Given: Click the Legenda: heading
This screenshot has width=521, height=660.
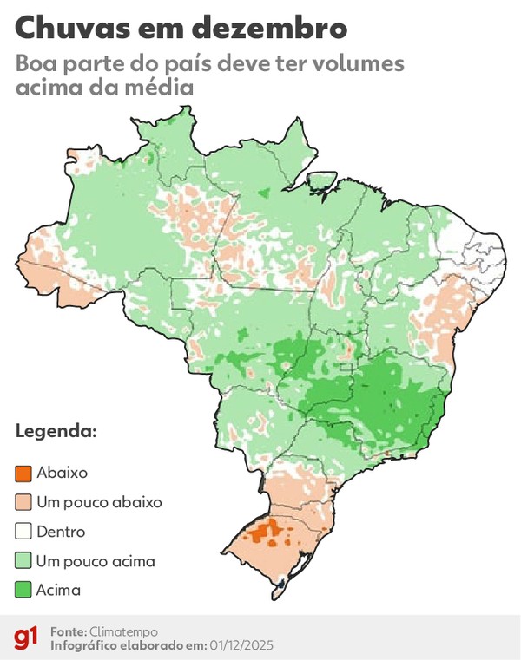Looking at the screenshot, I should pos(56,431).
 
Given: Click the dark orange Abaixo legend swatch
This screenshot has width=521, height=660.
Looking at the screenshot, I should pos(23,473).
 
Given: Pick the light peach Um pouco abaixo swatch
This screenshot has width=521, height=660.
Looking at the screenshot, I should pos(23,502).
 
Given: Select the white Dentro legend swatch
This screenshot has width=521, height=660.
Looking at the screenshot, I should pos(23,532).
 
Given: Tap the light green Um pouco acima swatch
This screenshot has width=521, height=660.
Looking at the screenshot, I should pos(23,561).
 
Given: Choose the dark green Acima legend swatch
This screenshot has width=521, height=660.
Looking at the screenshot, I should pos(23,591).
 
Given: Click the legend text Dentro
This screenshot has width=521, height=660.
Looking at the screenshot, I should pos(61,532).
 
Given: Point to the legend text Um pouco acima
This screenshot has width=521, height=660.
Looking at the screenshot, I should pos(96,561).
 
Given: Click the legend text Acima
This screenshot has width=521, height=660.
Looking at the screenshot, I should pos(58,591).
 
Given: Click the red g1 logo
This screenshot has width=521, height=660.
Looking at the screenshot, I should pos(25,638).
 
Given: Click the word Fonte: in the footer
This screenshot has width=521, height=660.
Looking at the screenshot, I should pos(68,631).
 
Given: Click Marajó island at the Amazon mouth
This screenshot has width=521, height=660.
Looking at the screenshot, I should pos(322,181).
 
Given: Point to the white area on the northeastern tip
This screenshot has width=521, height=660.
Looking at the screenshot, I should pos(486,252).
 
